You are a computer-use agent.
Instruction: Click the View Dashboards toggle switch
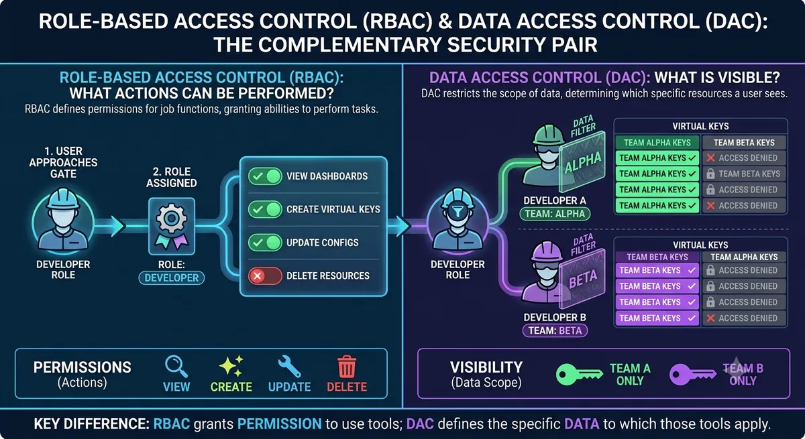(265, 176)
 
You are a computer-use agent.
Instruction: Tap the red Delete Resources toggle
(265, 276)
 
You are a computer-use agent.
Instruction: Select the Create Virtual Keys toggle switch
(265, 209)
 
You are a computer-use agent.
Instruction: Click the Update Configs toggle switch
(265, 243)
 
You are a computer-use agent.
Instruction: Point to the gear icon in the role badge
(172, 218)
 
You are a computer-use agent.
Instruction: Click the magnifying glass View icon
(176, 366)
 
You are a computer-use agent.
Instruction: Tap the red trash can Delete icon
(347, 367)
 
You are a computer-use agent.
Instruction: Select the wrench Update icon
(289, 367)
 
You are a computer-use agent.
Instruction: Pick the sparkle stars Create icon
(231, 366)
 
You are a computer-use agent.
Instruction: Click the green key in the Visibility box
(579, 375)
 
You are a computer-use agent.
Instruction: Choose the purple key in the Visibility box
(692, 375)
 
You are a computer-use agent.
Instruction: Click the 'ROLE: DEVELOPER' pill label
(172, 278)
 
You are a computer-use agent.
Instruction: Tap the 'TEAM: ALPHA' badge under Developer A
(555, 214)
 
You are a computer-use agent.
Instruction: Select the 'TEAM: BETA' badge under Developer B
(555, 330)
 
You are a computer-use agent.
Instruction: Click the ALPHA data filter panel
(582, 162)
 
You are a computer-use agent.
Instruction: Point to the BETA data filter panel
(582, 279)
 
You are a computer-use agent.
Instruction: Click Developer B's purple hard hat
(546, 253)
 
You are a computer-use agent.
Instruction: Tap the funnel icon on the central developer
(458, 211)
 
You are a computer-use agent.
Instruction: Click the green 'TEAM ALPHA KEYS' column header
(657, 143)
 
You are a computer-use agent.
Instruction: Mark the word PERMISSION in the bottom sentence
(279, 424)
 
